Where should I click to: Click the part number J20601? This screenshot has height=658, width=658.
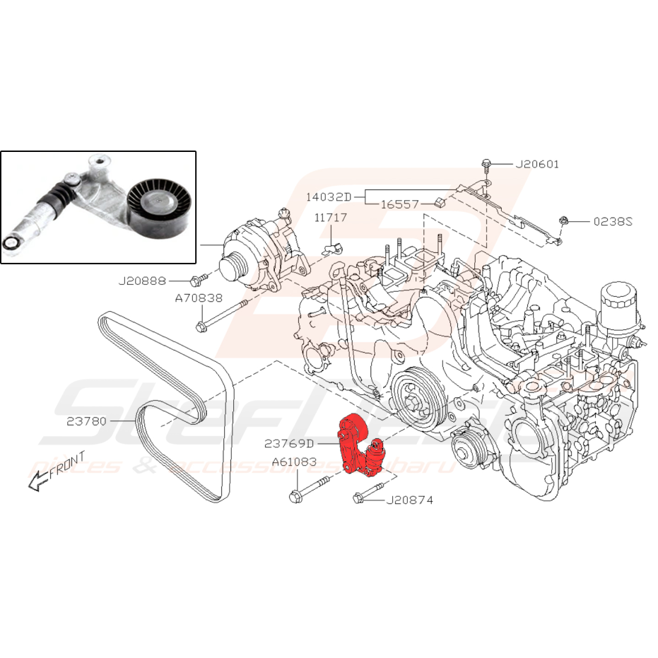pos(537,165)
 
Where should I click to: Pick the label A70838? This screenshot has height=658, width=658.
pos(199,298)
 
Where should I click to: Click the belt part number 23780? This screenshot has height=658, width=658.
pos(86,421)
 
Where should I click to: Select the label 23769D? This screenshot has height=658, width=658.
pos(289,444)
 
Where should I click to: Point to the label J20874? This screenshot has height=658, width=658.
pos(410,500)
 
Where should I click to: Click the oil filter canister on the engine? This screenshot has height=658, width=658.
pos(623,307)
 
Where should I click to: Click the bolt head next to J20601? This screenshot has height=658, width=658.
pos(486,164)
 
